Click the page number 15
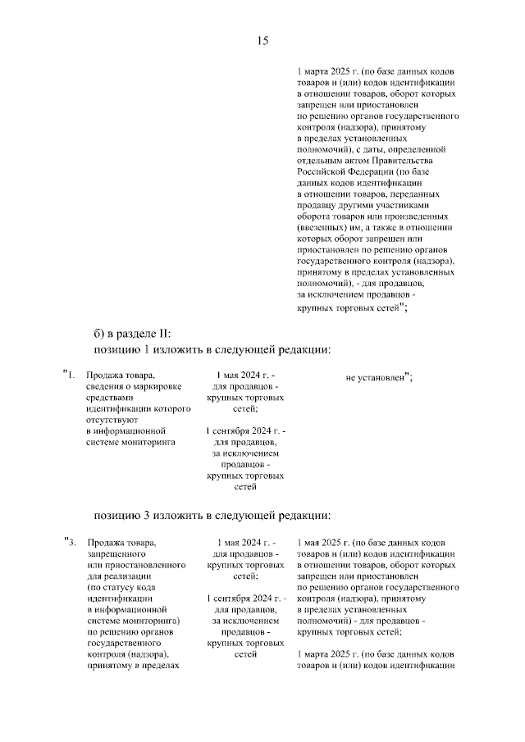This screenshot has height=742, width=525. click(x=262, y=41)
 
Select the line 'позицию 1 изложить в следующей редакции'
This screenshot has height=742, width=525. click(x=212, y=350)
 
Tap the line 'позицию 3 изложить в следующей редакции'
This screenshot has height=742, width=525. click(x=212, y=516)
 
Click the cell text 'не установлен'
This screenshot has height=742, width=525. click(x=376, y=377)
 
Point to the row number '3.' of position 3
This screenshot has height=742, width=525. click(x=72, y=543)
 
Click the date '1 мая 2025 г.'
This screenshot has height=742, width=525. click(x=324, y=543)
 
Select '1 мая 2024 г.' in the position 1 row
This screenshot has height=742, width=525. click(x=243, y=376)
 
